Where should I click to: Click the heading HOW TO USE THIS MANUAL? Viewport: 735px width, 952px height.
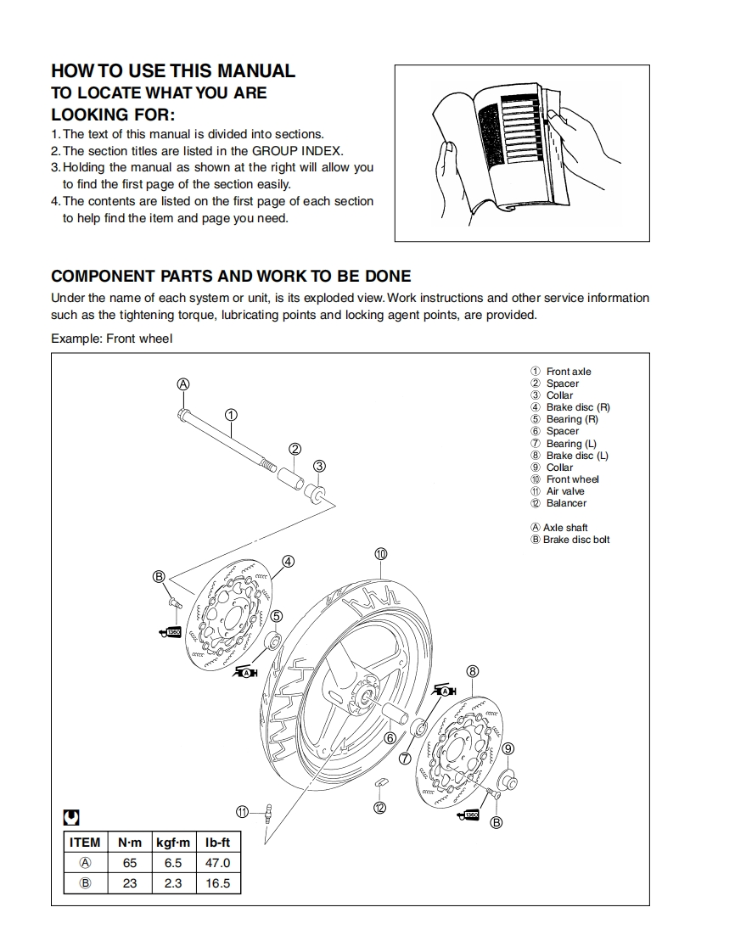(x=173, y=71)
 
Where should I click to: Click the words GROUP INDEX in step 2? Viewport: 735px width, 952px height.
(x=298, y=150)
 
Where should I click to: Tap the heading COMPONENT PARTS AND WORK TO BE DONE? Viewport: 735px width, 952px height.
(x=231, y=276)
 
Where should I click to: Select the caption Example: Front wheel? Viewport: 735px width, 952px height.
(x=111, y=339)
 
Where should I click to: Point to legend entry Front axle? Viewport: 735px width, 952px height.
(x=568, y=372)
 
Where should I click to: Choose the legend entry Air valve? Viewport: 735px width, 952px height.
(x=564, y=491)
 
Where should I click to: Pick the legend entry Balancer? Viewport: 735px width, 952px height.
(x=565, y=503)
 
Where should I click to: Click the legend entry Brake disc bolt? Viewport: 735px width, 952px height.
(x=576, y=540)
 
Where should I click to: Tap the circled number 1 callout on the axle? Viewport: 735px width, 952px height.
(x=231, y=415)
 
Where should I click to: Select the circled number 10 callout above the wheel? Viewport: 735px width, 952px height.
(x=381, y=554)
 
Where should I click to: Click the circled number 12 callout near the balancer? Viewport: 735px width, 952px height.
(x=380, y=808)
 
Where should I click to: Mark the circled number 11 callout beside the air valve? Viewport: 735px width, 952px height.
(x=243, y=811)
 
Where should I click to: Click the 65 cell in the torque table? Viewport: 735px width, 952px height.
(x=130, y=863)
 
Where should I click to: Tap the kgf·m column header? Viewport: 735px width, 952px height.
(x=172, y=843)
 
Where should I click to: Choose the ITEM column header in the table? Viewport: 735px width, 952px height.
(x=85, y=843)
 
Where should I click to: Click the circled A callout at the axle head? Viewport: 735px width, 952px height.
(x=182, y=384)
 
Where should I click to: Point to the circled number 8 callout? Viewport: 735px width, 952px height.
(x=473, y=671)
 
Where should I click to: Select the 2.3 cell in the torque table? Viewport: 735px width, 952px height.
(x=172, y=883)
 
